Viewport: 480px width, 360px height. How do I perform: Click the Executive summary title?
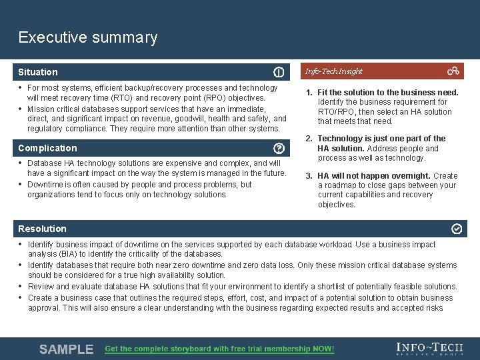click(88, 37)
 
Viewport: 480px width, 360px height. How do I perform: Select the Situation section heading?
click(38, 72)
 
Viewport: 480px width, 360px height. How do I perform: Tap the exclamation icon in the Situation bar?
click(279, 72)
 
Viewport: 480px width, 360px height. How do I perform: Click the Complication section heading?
click(47, 148)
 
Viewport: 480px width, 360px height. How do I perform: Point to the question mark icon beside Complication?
click(279, 148)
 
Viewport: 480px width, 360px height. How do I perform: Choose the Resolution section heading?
click(43, 229)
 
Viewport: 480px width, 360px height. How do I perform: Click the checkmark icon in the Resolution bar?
click(457, 229)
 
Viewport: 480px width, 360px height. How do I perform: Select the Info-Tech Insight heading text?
click(333, 71)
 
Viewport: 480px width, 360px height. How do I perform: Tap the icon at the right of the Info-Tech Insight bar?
click(453, 71)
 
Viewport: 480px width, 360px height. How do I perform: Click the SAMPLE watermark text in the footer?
click(66, 349)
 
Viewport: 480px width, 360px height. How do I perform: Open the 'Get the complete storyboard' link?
click(219, 349)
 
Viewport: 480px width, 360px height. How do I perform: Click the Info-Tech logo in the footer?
click(429, 349)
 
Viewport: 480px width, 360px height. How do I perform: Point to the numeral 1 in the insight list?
click(309, 93)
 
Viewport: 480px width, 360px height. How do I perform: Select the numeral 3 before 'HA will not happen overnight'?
click(309, 176)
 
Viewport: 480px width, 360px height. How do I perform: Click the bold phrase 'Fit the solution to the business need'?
click(388, 93)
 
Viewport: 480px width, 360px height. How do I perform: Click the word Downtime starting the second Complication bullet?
click(46, 185)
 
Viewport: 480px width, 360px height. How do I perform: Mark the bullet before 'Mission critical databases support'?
click(21, 109)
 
